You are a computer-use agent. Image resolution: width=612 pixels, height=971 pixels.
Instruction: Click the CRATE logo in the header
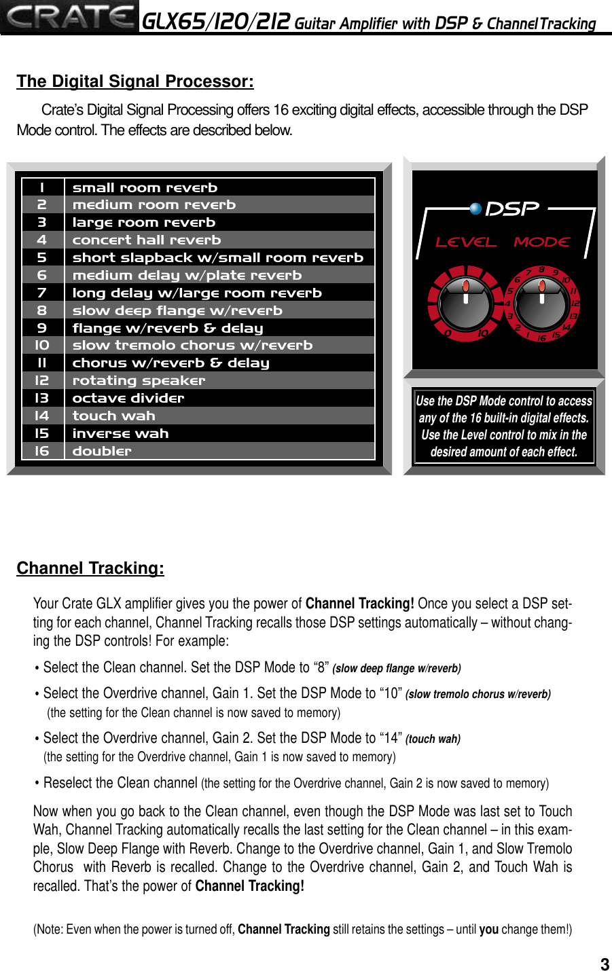70,17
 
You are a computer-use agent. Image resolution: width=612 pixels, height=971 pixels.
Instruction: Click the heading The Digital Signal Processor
135,81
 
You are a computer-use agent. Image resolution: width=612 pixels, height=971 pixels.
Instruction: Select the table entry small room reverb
145,187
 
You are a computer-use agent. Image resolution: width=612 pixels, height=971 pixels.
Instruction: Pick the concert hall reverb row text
147,240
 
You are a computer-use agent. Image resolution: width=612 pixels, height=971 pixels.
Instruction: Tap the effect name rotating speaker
139,380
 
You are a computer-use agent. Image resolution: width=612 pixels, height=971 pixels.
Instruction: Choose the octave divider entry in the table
128,398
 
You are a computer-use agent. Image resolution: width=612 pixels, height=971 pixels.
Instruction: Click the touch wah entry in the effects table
114,416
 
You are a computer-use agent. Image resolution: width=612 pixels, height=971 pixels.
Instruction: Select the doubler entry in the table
102,451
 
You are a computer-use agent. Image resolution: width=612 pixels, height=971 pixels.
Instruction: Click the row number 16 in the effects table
42,451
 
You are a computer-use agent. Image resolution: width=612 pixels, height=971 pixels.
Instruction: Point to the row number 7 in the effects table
42,293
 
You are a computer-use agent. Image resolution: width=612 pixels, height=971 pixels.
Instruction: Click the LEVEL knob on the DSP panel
465,303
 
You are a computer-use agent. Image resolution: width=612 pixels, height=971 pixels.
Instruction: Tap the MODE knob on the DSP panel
541,303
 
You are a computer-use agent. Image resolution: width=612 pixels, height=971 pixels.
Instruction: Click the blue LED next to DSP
475,208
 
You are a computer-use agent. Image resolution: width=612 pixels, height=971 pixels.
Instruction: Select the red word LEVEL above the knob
466,242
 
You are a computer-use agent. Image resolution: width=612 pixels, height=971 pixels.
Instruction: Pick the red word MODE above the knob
541,242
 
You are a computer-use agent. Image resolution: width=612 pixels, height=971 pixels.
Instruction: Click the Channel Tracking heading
90,568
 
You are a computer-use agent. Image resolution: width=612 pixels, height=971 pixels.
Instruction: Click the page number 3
605,964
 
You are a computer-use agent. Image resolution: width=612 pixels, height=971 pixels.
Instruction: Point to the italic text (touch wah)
433,739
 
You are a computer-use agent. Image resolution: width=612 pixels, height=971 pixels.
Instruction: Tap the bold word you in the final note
488,930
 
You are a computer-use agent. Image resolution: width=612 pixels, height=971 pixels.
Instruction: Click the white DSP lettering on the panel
513,208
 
